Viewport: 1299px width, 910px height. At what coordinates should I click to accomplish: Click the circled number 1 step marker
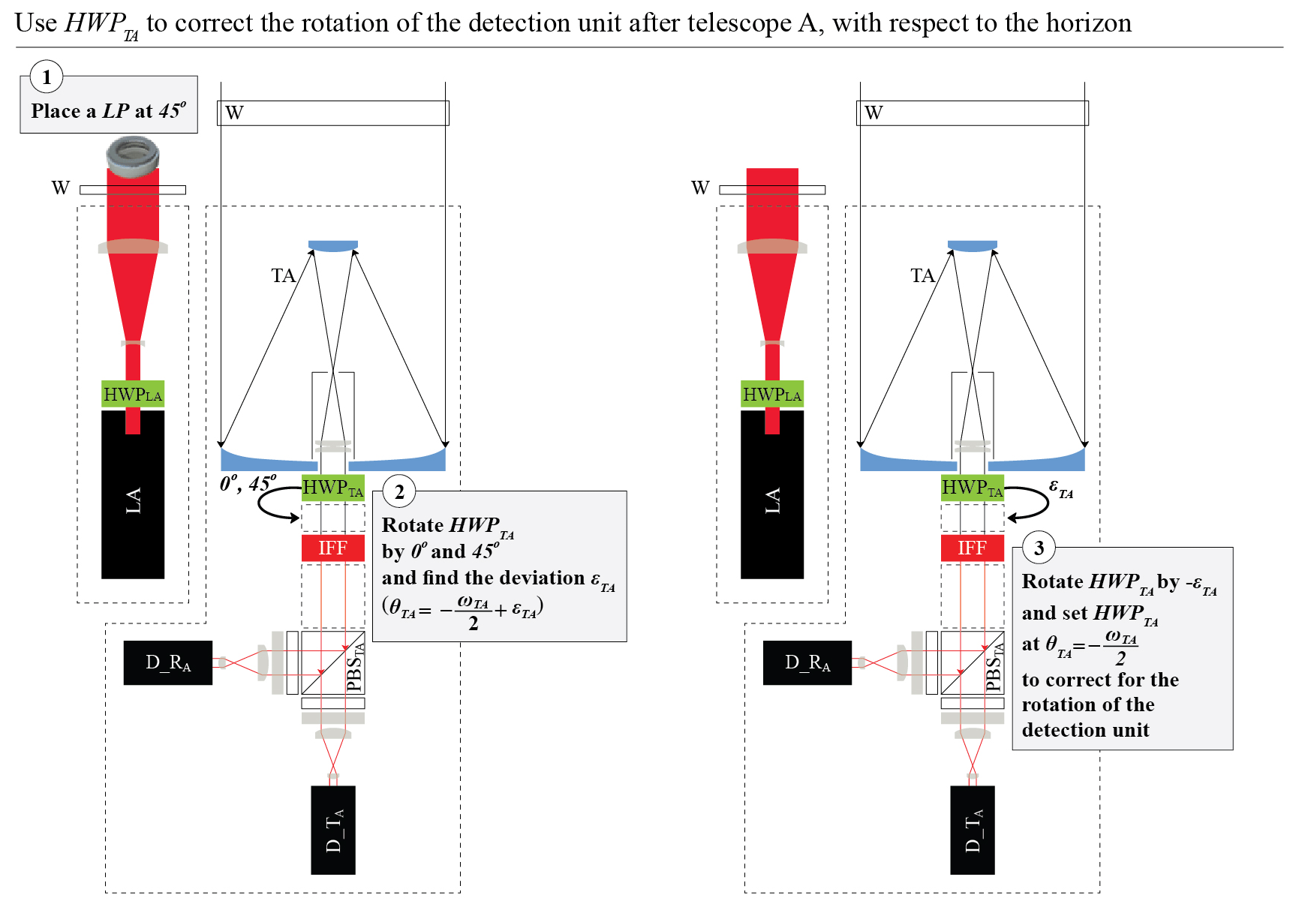pos(47,77)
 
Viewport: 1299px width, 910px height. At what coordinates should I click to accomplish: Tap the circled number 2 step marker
pos(399,492)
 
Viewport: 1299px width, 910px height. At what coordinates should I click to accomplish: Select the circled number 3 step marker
pos(1039,548)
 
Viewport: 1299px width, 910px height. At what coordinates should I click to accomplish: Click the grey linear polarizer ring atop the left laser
pos(133,156)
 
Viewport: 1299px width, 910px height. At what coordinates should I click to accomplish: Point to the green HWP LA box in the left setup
pos(133,395)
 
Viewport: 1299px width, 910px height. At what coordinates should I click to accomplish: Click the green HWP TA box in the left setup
pos(333,488)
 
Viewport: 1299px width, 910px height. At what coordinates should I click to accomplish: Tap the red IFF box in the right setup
pos(973,548)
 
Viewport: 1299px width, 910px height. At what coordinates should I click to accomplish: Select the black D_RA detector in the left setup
pos(168,662)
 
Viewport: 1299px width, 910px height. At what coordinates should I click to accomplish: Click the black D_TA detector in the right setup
pos(973,830)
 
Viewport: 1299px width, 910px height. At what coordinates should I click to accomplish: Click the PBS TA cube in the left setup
pos(333,662)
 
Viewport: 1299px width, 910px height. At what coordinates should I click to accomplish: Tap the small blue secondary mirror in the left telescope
pos(333,245)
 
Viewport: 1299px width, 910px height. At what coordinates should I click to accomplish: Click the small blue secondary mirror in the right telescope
pos(973,245)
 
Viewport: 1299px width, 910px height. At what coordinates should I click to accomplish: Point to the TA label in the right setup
pos(923,276)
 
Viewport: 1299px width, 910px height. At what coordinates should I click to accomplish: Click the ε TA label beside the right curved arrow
pos(1060,488)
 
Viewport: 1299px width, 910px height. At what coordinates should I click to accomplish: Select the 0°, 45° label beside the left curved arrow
pos(248,483)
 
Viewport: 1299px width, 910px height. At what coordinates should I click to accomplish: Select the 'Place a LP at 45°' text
pos(109,111)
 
